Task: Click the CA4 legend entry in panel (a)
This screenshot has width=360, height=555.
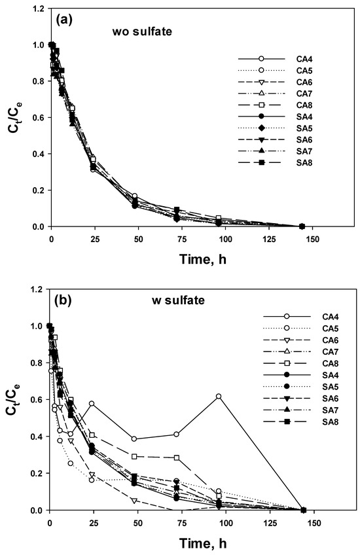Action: (x=275, y=59)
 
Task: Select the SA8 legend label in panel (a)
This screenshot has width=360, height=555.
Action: (x=304, y=163)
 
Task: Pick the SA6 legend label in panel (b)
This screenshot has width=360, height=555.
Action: (x=331, y=399)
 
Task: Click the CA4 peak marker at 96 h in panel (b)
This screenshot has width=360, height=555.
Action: (x=219, y=397)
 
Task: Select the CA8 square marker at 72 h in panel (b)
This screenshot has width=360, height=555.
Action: (x=177, y=457)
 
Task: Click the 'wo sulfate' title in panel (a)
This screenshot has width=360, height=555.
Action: (x=142, y=31)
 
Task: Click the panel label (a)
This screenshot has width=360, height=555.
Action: (x=64, y=20)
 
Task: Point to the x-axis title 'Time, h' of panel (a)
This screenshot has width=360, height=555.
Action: (x=203, y=259)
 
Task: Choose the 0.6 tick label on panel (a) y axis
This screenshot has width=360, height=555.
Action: (x=38, y=118)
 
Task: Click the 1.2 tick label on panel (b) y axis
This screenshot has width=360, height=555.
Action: (x=37, y=289)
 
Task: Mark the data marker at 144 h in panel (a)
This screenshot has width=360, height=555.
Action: (x=302, y=226)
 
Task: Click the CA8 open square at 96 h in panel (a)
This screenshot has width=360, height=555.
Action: (x=219, y=218)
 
